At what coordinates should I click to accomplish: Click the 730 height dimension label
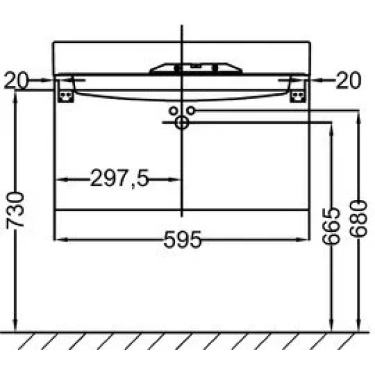(x=15, y=210)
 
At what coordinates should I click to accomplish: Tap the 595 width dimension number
(x=182, y=239)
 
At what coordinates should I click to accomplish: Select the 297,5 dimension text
(x=119, y=179)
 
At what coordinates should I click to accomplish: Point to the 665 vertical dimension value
(x=331, y=226)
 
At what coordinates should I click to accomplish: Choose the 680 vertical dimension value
(x=357, y=219)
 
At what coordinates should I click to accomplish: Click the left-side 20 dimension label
(x=16, y=80)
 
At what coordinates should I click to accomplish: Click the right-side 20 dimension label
(x=349, y=80)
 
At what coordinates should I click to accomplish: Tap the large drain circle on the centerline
(x=182, y=123)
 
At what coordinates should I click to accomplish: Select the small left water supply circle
(x=173, y=111)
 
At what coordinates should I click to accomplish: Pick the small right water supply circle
(x=191, y=111)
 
